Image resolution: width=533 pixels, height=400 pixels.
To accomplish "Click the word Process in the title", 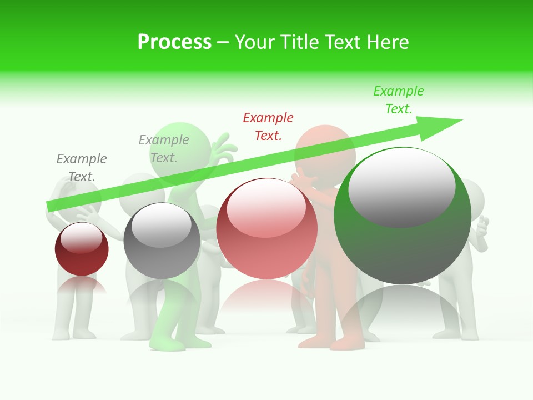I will click(x=174, y=42).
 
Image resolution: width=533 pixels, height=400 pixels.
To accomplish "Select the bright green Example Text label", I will click(x=398, y=100).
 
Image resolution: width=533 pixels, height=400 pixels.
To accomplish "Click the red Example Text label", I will click(x=268, y=126).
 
